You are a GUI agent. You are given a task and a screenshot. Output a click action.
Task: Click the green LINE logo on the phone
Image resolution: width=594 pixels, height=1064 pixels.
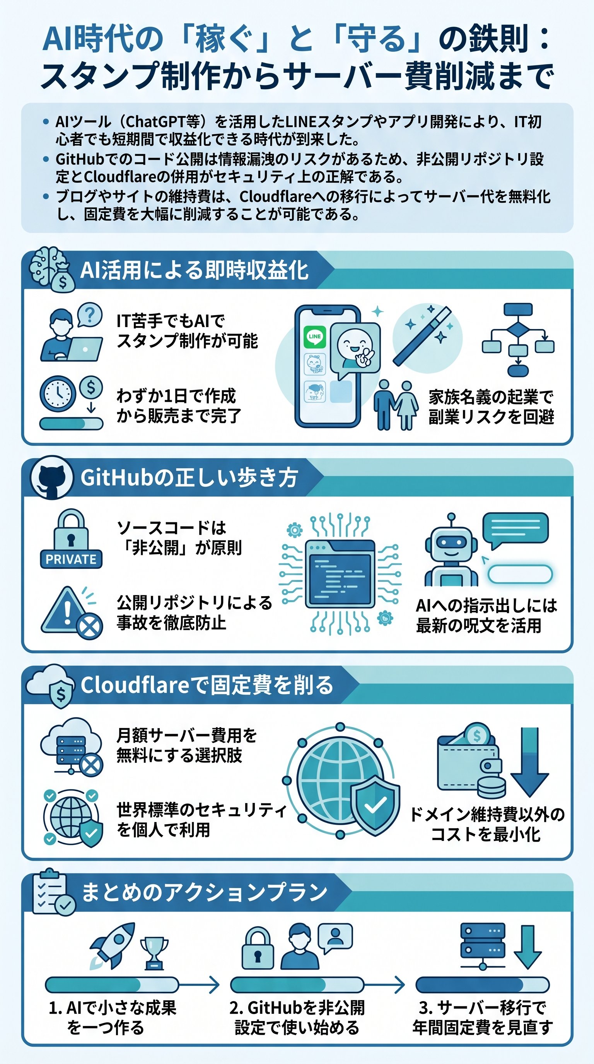[314, 336]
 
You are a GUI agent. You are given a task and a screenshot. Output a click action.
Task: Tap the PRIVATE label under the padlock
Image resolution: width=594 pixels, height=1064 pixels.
[71, 559]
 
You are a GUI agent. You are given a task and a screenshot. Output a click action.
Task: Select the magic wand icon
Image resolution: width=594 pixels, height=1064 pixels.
[422, 336]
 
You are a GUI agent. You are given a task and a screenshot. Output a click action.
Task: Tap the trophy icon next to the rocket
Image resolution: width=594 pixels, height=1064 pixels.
[154, 952]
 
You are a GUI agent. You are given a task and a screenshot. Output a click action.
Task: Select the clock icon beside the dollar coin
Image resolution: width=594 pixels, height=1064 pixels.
[58, 393]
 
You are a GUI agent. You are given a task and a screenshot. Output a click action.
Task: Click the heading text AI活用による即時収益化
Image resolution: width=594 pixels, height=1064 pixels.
[194, 271]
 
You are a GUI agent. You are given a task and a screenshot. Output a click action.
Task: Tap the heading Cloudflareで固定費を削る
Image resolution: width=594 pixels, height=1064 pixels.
[207, 685]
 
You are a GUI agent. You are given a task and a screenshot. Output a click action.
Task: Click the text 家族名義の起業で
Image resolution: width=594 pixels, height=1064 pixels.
[491, 397]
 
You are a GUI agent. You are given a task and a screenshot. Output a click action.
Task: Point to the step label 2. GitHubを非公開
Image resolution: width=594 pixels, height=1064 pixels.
[297, 1008]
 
